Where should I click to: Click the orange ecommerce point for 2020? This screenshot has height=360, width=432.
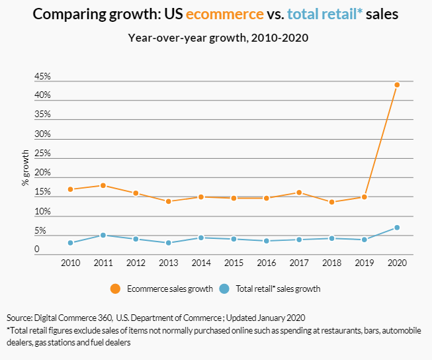click(x=397, y=85)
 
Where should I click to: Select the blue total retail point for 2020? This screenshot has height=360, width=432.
click(x=397, y=228)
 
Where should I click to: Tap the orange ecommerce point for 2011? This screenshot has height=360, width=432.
click(x=103, y=185)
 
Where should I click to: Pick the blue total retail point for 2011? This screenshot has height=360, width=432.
click(x=103, y=235)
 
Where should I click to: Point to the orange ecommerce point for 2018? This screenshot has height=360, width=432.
click(x=331, y=202)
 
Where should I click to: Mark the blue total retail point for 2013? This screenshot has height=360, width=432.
click(x=169, y=243)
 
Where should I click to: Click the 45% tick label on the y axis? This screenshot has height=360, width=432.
click(x=42, y=77)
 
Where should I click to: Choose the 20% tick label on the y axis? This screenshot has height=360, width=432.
click(x=42, y=173)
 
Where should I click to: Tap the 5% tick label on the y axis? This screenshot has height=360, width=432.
click(x=40, y=232)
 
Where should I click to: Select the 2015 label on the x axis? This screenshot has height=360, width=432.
click(x=234, y=263)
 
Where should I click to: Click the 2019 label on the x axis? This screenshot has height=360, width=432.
click(x=364, y=263)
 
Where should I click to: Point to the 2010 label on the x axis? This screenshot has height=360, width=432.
click(x=70, y=263)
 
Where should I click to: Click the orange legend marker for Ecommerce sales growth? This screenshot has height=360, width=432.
click(x=116, y=289)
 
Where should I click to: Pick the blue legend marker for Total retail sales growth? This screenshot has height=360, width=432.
click(x=224, y=289)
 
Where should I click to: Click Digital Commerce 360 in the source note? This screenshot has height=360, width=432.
click(x=73, y=318)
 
